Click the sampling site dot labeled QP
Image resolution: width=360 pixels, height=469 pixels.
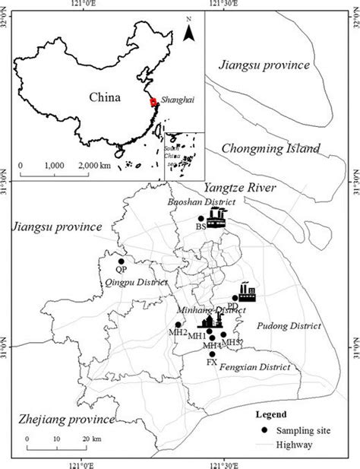click(x=121, y=261)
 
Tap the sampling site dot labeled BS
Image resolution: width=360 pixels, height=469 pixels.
click(x=201, y=219)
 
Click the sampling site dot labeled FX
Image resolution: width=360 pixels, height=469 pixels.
click(x=212, y=353)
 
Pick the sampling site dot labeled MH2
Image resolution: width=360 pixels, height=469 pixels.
click(x=178, y=325)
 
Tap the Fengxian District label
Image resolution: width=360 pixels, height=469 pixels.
click(x=257, y=366)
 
